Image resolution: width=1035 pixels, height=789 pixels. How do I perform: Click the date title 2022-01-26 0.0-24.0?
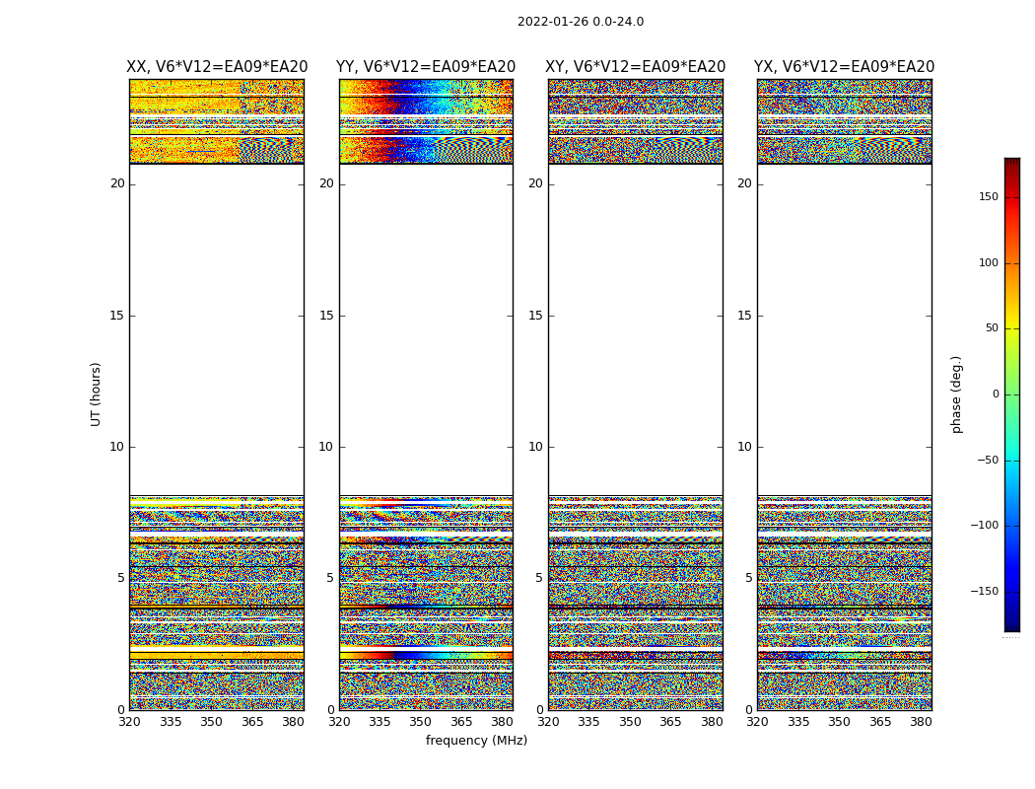coord(580,22)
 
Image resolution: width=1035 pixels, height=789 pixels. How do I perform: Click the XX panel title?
coord(217,67)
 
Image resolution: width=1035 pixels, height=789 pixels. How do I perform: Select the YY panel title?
coord(426,67)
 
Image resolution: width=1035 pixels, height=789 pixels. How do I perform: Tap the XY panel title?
coord(636,67)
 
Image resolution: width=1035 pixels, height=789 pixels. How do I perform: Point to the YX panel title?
coord(844,67)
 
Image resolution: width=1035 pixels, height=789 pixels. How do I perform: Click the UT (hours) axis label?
coord(96,394)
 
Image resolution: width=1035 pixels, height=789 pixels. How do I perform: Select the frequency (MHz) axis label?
coord(476,741)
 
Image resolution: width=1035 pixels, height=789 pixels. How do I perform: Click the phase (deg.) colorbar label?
coord(956,394)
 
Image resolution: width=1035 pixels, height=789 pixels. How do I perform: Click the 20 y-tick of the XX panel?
coord(117,183)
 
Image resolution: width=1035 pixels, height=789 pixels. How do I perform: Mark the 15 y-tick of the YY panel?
coord(326,316)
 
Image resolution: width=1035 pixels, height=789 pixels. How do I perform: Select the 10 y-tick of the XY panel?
coord(535,447)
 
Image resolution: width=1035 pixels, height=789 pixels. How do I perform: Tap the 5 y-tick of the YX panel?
coord(748,578)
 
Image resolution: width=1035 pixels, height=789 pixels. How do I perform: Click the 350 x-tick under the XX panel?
coord(211,722)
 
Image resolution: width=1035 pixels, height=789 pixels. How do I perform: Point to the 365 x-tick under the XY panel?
coord(670,722)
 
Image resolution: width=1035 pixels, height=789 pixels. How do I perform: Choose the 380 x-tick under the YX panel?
coord(921,722)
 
